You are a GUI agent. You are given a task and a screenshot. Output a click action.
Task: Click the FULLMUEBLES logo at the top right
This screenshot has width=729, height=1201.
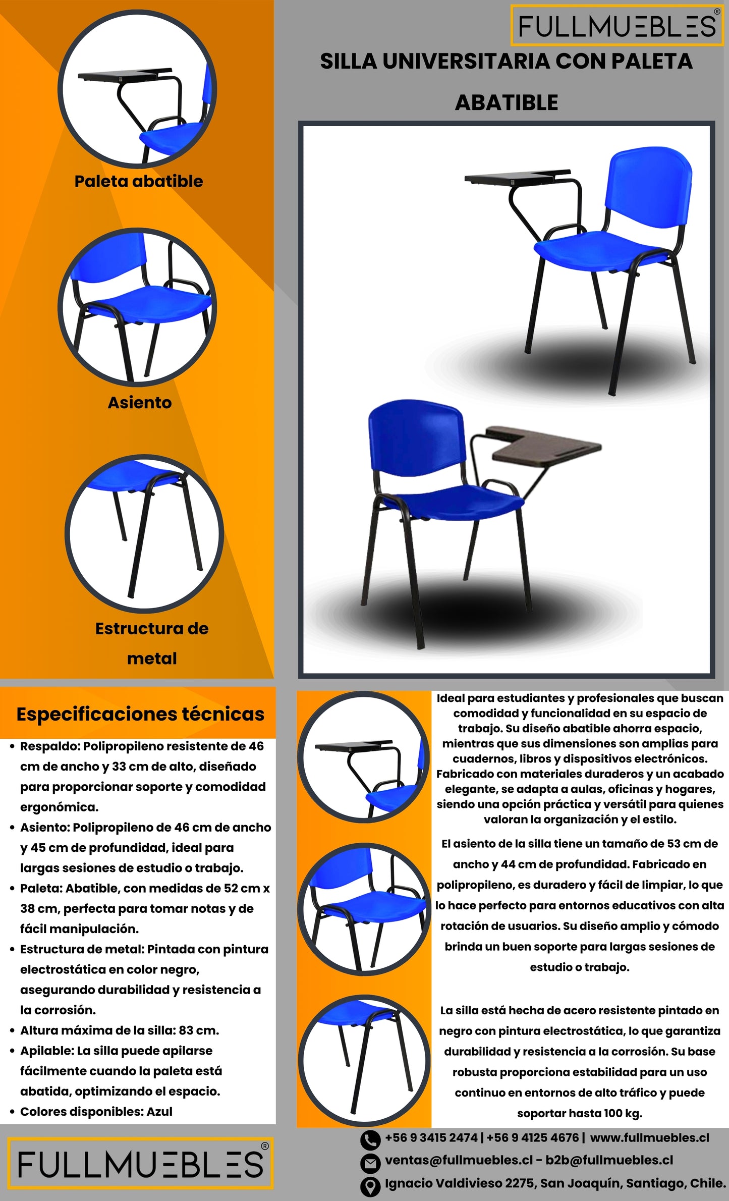coord(617,26)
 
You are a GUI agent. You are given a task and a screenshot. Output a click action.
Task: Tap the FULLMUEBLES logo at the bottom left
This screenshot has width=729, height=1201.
coord(140,1164)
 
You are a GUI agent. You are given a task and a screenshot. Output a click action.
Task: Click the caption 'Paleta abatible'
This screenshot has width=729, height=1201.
coord(138,181)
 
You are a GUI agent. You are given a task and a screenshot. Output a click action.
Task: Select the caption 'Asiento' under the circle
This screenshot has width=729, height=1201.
coord(140,403)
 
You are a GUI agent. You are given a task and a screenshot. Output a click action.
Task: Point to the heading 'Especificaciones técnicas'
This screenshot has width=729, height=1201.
coord(140,714)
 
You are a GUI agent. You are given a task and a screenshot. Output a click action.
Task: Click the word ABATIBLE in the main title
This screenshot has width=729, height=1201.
coord(507,103)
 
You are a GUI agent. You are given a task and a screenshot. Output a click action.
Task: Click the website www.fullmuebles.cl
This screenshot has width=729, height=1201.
coord(649,1138)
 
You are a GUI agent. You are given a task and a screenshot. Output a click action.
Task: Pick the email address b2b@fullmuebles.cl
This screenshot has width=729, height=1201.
coord(609,1160)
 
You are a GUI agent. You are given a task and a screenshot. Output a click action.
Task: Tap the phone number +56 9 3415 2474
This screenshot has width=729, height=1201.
coord(431,1138)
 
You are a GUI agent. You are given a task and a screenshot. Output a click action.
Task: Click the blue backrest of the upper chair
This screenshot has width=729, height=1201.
coord(650,192)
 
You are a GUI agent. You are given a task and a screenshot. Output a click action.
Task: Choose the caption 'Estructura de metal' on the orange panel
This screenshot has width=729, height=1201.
coord(152,643)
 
